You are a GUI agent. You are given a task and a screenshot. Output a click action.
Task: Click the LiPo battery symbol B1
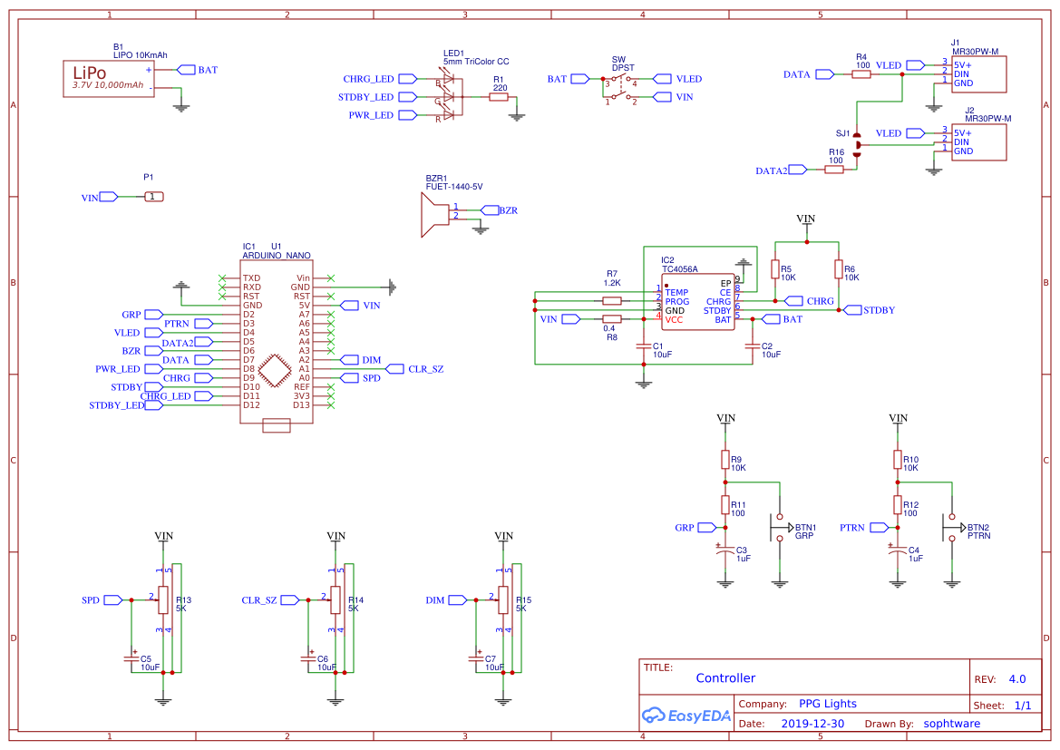click(x=108, y=79)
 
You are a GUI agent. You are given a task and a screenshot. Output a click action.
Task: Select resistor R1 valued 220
click(x=499, y=97)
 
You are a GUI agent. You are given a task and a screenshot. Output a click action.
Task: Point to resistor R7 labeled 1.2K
click(x=612, y=301)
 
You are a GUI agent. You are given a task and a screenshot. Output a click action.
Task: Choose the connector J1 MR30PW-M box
click(x=979, y=73)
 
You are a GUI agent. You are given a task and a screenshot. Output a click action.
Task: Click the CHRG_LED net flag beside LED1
click(x=368, y=79)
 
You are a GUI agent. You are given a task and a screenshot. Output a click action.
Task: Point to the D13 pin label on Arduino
click(x=301, y=405)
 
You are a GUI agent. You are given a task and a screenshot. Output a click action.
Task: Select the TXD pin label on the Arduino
click(x=251, y=278)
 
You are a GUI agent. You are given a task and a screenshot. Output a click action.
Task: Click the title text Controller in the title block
click(x=725, y=678)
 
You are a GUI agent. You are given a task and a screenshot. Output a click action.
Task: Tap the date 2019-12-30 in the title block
click(x=812, y=724)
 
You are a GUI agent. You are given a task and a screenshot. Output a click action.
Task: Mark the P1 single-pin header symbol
click(x=154, y=197)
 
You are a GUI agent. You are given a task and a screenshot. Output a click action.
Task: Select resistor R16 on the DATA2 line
click(x=835, y=169)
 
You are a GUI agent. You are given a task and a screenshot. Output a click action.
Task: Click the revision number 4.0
click(x=1016, y=679)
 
